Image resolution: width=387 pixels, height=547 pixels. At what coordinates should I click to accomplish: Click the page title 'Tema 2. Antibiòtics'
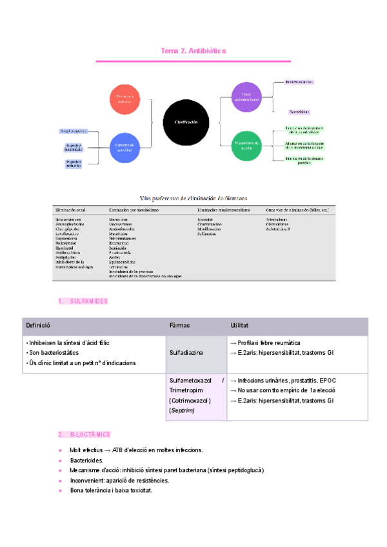tap(193, 50)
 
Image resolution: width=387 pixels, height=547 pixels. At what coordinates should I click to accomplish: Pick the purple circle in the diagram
tap(246, 98)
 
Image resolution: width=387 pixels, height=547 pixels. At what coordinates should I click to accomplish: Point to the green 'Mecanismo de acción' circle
tap(246, 145)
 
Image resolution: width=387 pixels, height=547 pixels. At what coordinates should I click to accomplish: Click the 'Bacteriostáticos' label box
tap(299, 83)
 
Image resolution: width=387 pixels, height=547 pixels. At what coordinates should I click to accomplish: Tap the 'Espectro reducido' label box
tap(73, 164)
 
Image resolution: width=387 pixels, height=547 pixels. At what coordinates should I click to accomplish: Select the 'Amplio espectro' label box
tap(73, 131)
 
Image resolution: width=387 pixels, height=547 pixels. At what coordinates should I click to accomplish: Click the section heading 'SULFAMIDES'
tap(88, 301)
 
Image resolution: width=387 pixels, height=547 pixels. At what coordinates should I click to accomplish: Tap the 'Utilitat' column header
tap(240, 326)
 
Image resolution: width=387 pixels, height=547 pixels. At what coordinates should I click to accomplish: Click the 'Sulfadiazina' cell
tap(186, 353)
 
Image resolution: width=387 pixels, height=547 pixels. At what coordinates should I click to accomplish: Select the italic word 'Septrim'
tap(183, 410)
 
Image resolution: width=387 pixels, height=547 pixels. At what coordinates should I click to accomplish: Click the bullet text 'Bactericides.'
tap(86, 461)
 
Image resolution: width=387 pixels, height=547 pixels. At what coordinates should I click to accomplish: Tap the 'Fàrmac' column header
tap(179, 326)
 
